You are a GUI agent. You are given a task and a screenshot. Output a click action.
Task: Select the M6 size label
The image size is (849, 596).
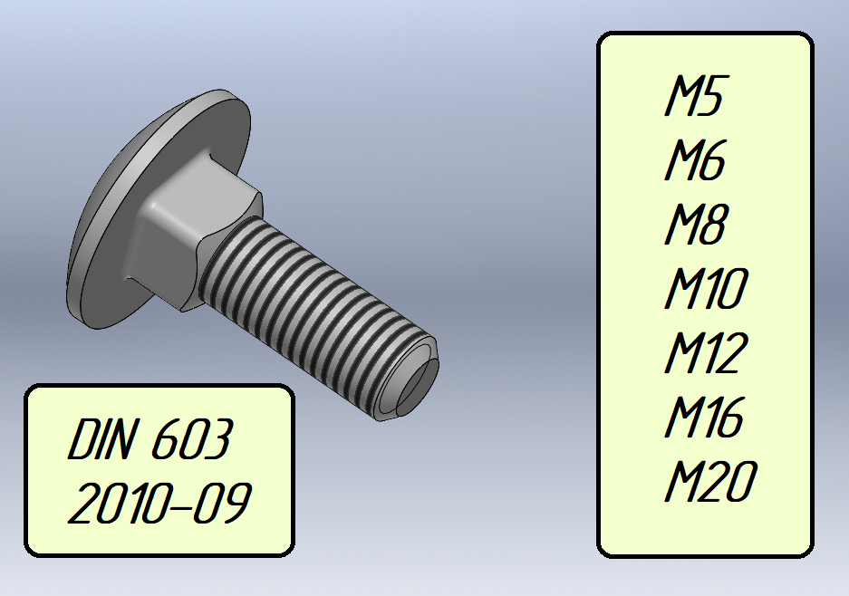[x=695, y=159]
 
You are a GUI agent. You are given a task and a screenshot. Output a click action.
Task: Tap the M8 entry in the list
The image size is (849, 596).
[x=695, y=224]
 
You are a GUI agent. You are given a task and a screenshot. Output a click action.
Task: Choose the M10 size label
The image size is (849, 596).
[x=706, y=288]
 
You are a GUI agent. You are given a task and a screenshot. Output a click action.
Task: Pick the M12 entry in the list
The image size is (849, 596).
[x=706, y=352]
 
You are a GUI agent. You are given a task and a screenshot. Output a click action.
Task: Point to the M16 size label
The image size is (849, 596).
[x=704, y=417]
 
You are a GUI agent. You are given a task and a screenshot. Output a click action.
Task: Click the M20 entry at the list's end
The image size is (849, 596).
[x=710, y=480]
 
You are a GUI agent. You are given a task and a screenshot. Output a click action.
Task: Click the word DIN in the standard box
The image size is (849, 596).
[x=101, y=439]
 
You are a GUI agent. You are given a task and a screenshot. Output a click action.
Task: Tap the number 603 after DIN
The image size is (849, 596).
[x=192, y=439]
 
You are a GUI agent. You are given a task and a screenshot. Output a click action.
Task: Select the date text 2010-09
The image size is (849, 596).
[x=159, y=503]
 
